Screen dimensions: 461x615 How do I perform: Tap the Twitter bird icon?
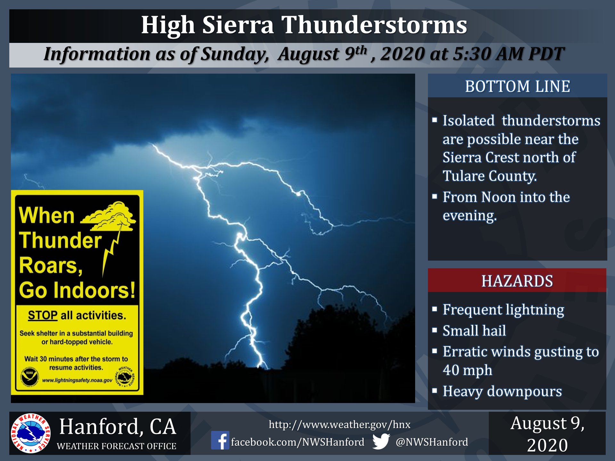pyautogui.click(x=381, y=441)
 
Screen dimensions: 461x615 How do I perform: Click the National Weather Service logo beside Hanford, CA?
pyautogui.click(x=30, y=433)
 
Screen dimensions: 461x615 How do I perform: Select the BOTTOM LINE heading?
pyautogui.click(x=517, y=86)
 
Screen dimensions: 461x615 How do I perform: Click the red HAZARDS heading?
pyautogui.click(x=517, y=281)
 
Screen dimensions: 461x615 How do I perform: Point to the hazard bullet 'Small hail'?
pyautogui.click(x=474, y=330)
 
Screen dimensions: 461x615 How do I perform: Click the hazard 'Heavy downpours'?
pyautogui.click(x=502, y=391)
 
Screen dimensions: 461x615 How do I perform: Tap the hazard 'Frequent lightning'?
pyautogui.click(x=503, y=310)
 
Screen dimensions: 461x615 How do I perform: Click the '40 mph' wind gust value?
pyautogui.click(x=467, y=370)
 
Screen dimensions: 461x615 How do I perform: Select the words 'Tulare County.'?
pyautogui.click(x=489, y=176)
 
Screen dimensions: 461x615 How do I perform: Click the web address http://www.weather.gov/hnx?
pyautogui.click(x=340, y=425)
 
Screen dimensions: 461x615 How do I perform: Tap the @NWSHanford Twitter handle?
pyautogui.click(x=432, y=442)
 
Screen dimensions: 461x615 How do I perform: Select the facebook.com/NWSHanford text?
pyautogui.click(x=298, y=442)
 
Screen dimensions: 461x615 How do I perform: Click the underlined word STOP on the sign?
pyautogui.click(x=43, y=315)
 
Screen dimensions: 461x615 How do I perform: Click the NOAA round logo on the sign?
pyautogui.click(x=30, y=376)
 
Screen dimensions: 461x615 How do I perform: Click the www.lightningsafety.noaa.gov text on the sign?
pyautogui.click(x=77, y=380)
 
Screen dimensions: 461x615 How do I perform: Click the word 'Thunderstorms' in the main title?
pyautogui.click(x=374, y=25)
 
